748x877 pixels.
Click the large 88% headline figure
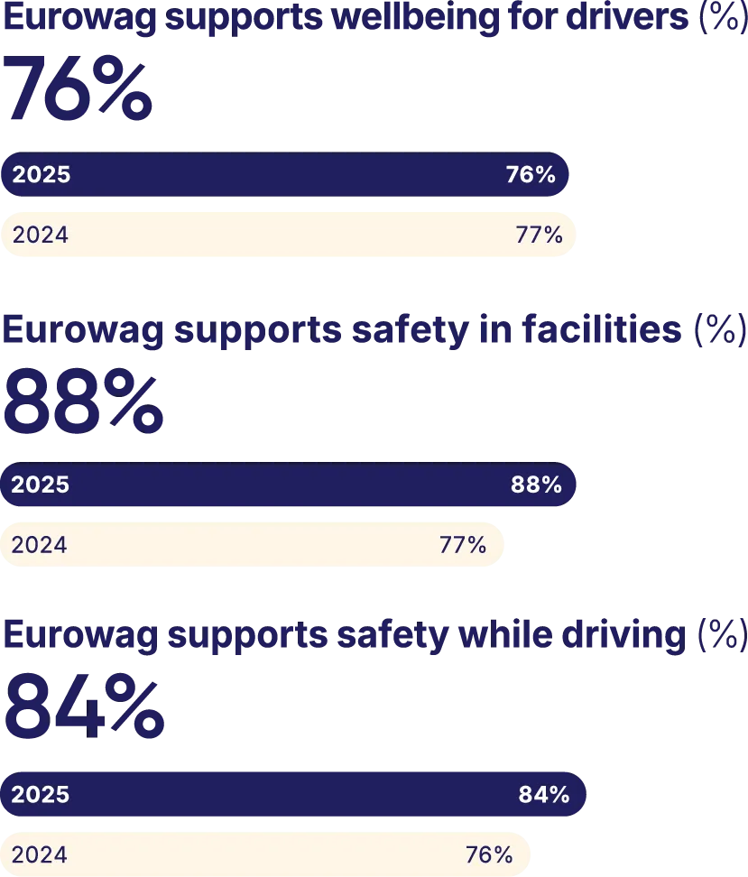pyautogui.click(x=84, y=403)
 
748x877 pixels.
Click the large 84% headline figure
pyautogui.click(x=84, y=710)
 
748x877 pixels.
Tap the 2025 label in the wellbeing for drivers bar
pyautogui.click(x=41, y=175)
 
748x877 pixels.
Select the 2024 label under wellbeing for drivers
pyautogui.click(x=40, y=235)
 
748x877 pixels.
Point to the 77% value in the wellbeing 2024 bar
pyautogui.click(x=539, y=235)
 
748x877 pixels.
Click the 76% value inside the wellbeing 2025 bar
pyautogui.click(x=531, y=175)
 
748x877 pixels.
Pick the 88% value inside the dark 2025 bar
pyautogui.click(x=536, y=485)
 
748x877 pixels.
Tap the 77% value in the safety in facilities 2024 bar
pyautogui.click(x=463, y=545)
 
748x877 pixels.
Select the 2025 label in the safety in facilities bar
pyautogui.click(x=41, y=485)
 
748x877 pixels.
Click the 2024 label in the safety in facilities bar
pyautogui.click(x=40, y=545)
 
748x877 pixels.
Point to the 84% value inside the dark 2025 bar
pyautogui.click(x=543, y=795)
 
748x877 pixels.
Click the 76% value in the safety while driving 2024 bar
pyautogui.click(x=489, y=854)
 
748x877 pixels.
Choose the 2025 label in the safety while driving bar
pyautogui.click(x=41, y=795)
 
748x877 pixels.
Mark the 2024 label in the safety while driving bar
pyautogui.click(x=40, y=854)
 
